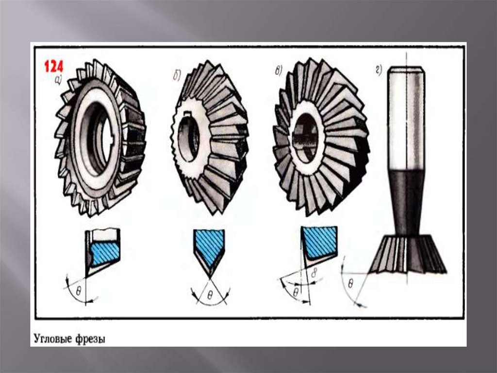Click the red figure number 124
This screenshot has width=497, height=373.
[53, 67]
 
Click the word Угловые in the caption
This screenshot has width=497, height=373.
[52, 338]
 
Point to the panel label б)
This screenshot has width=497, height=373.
[177, 76]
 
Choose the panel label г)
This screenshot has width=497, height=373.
[379, 70]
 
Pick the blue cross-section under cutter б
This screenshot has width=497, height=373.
[209, 245]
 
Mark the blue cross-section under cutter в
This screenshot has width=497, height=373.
[319, 241]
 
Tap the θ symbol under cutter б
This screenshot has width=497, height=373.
[210, 296]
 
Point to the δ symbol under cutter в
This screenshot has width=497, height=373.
[314, 273]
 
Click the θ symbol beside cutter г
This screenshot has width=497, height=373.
[350, 283]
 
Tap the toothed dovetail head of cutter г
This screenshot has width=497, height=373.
[407, 255]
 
